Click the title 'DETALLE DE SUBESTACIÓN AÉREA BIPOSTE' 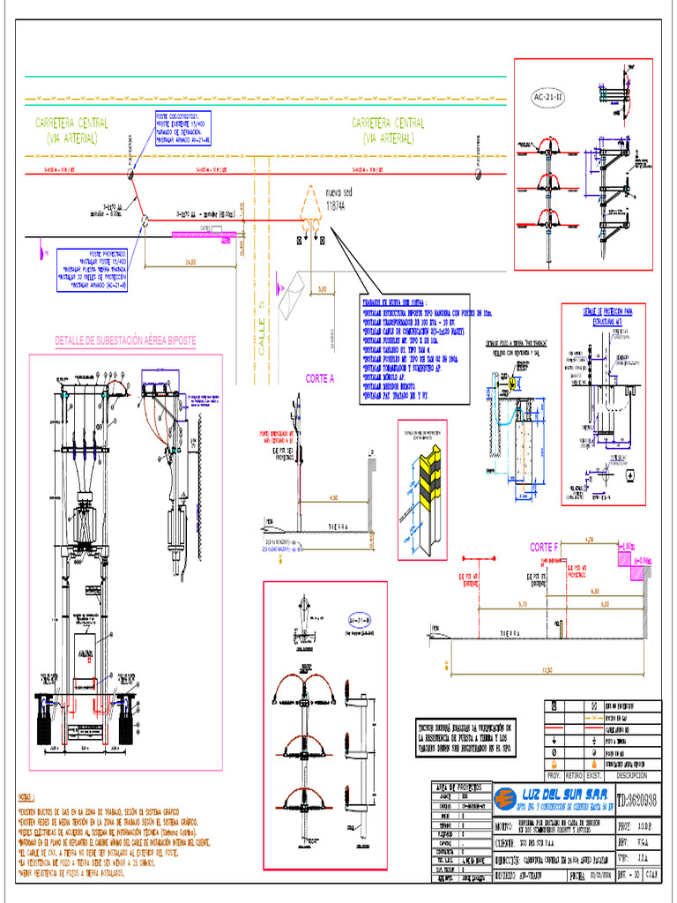point(125,340)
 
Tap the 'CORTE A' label point(320,378)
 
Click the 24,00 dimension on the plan point(190,262)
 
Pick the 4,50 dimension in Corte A point(333,498)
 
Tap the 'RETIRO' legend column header point(575,775)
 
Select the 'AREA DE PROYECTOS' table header point(459,786)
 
